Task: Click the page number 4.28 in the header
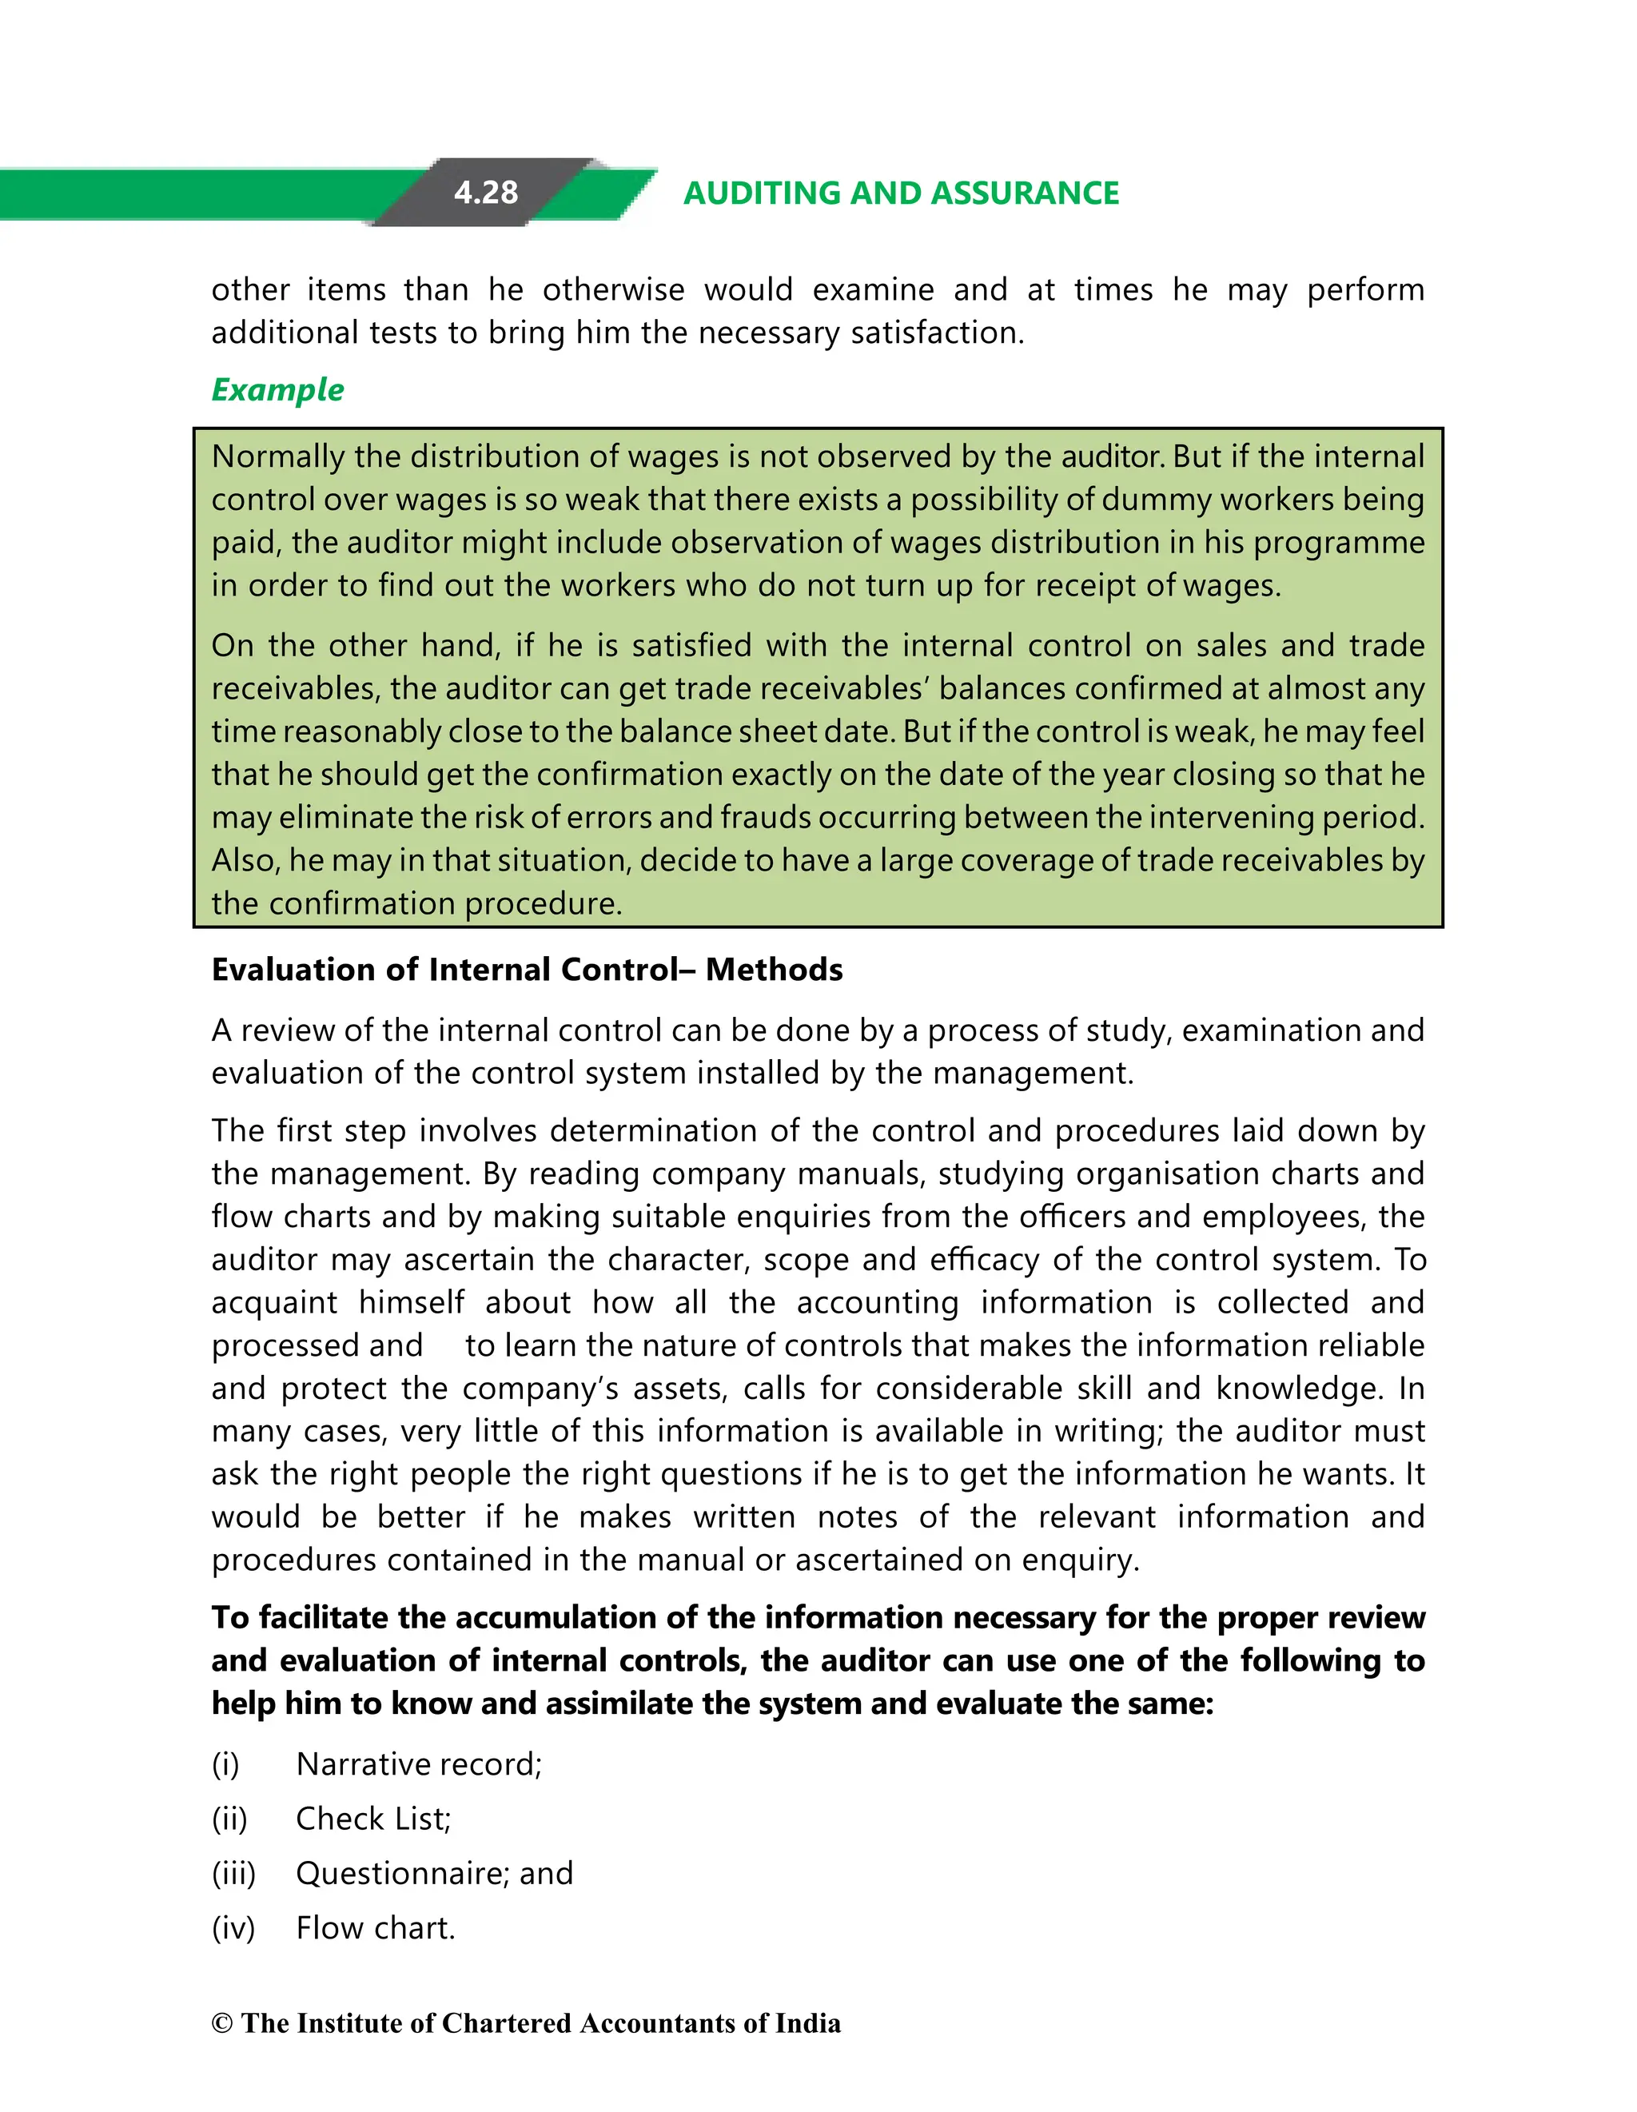click(x=485, y=193)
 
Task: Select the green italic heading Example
click(x=277, y=390)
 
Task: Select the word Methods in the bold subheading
click(x=774, y=970)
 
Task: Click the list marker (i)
click(x=225, y=1765)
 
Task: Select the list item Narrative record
click(x=419, y=1765)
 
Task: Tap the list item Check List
click(x=373, y=1819)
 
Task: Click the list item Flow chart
click(x=375, y=1927)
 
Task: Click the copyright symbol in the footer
click(x=222, y=2024)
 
